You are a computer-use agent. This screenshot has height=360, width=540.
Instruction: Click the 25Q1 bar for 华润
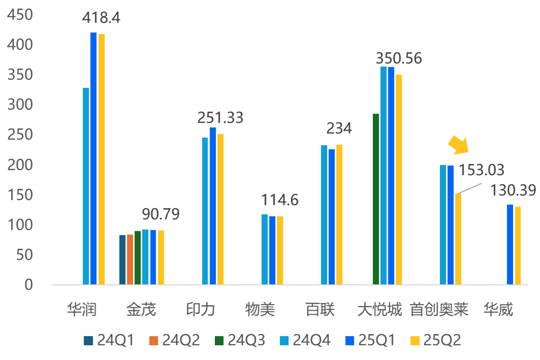(93, 158)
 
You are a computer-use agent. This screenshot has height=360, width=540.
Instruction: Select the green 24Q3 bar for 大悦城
(376, 199)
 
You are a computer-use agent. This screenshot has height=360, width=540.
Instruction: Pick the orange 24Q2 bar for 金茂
(130, 259)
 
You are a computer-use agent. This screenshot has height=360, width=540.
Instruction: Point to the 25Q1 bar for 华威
(510, 244)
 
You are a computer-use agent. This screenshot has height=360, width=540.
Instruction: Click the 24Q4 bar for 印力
(205, 211)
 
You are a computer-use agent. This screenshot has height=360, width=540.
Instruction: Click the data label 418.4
(102, 18)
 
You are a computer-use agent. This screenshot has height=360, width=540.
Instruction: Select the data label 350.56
(398, 58)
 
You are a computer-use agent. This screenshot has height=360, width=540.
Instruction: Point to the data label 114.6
(280, 200)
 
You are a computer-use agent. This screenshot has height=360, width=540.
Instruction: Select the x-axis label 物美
(260, 309)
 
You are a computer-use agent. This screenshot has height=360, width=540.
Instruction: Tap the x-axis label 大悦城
(380, 309)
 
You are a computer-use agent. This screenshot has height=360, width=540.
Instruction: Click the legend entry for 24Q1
(110, 340)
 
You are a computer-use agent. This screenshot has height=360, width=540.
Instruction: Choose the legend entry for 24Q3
(241, 340)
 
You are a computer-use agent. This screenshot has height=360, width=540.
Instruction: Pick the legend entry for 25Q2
(436, 340)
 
